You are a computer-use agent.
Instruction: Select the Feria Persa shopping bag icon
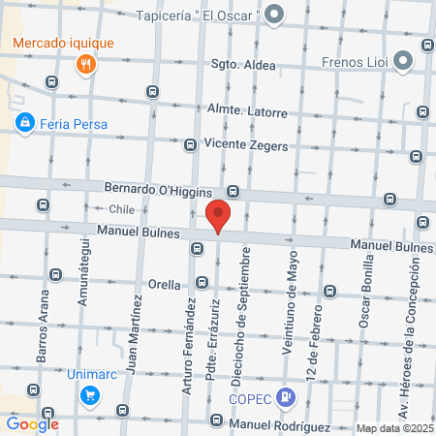(25, 123)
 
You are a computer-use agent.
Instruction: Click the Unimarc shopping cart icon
(89, 394)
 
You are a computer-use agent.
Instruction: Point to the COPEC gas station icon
(285, 396)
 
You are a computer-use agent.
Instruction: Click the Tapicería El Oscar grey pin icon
(275, 15)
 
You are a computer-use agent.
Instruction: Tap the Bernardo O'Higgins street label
(157, 186)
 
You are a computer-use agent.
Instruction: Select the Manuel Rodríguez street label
(281, 425)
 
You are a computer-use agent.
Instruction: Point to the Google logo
(33, 423)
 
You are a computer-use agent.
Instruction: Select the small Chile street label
(120, 208)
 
